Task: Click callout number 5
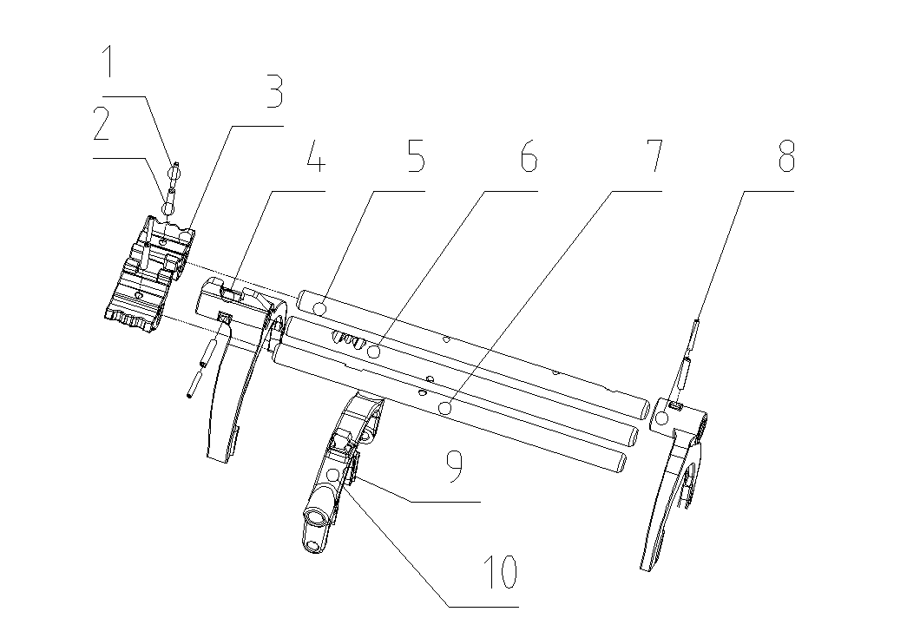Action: point(414,160)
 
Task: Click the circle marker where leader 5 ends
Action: point(321,308)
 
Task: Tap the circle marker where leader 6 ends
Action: point(374,352)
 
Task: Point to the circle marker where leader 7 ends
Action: point(445,407)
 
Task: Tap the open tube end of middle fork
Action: point(316,520)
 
